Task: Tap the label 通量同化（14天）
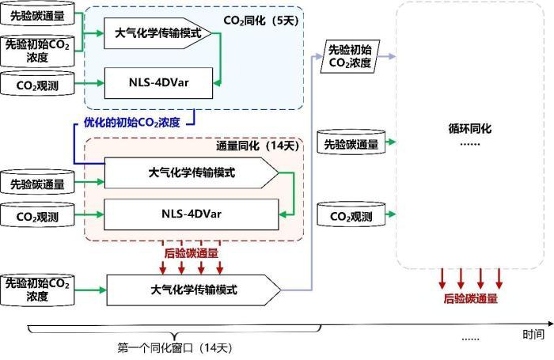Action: point(258,146)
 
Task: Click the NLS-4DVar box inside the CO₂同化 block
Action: point(159,82)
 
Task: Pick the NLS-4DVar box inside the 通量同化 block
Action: point(192,213)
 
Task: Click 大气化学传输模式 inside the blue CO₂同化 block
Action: point(157,35)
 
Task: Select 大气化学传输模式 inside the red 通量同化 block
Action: point(191,172)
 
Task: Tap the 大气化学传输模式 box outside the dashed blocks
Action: point(193,289)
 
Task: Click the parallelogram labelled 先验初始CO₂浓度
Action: point(348,58)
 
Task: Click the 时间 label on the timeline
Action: point(532,334)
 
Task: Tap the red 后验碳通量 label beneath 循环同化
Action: point(472,299)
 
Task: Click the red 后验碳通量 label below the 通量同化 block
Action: point(192,253)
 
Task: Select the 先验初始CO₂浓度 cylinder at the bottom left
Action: point(37,290)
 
